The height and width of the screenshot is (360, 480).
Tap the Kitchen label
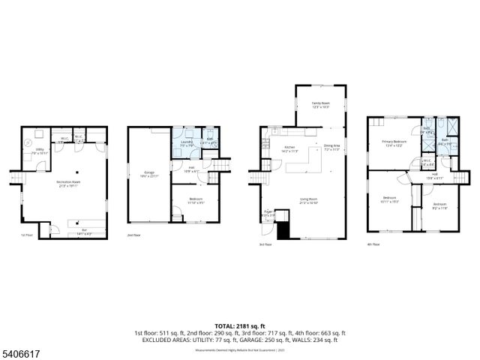click(289, 149)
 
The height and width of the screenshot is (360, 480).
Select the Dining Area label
click(331, 147)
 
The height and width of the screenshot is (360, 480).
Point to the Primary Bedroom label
click(394, 143)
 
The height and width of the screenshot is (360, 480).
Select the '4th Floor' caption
click(373, 244)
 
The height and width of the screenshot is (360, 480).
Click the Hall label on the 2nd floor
click(192, 169)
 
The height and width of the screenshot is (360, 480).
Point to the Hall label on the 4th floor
click(434, 176)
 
